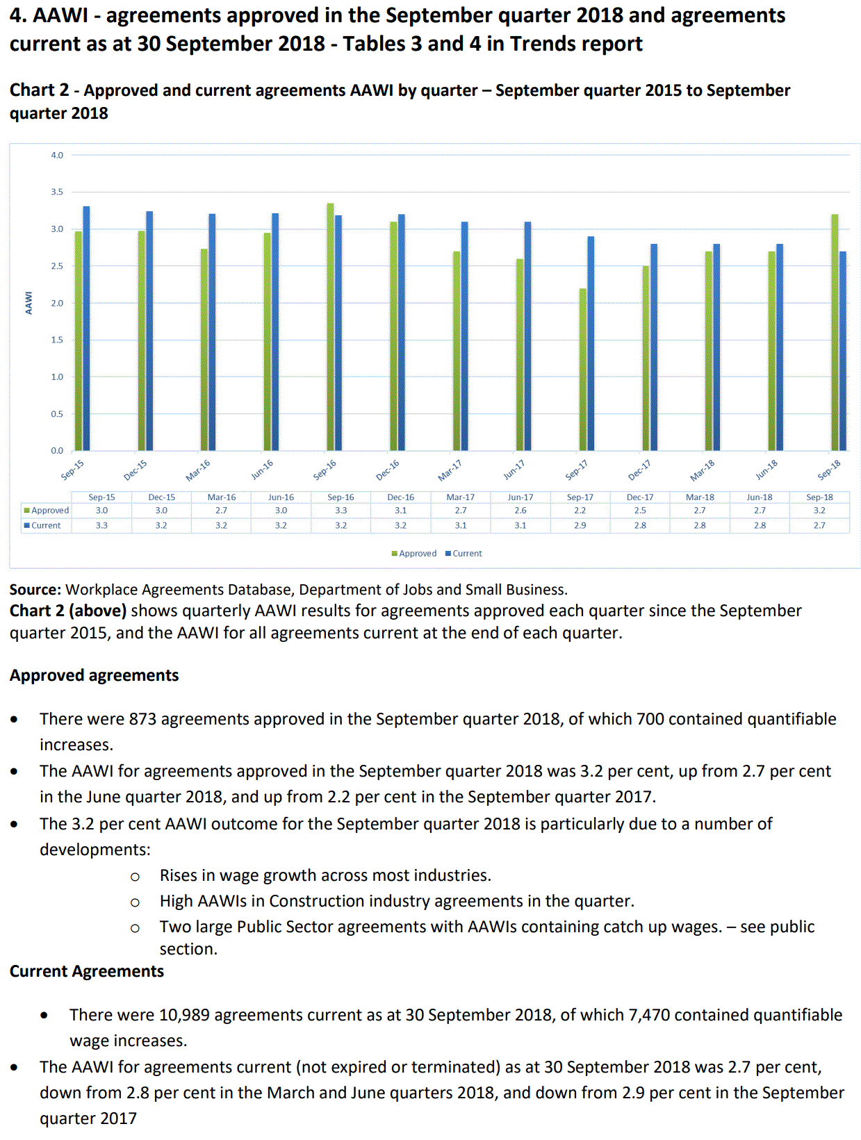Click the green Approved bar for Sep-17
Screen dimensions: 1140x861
[582, 370]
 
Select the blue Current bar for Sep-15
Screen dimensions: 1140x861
[86, 329]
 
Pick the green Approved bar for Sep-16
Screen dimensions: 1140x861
[330, 327]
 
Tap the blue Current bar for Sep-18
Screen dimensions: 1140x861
[843, 351]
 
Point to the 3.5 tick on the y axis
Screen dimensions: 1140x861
[57, 192]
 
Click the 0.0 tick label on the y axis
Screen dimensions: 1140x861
[57, 451]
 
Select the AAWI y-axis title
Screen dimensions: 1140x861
[28, 303]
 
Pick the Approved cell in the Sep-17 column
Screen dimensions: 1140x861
[580, 511]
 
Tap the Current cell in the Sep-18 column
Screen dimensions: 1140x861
[819, 526]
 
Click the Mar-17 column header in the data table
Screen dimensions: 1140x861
[460, 497]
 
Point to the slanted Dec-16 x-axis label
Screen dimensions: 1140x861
[388, 470]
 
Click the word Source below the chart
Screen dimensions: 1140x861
[35, 590]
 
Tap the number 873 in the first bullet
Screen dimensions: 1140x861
[142, 719]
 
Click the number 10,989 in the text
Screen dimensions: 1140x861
[184, 1015]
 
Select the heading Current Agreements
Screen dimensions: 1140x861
[87, 971]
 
